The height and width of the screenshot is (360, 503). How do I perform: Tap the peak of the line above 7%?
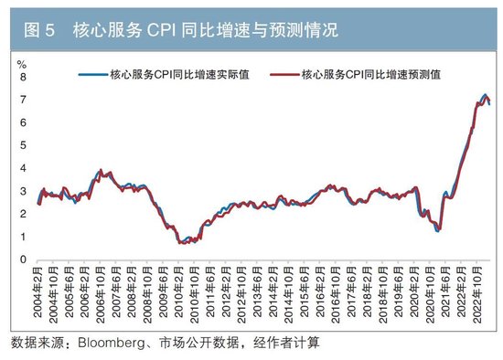[485, 95]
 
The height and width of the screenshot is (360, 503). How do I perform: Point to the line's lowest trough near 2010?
[181, 242]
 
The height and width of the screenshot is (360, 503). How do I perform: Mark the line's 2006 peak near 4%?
[100, 170]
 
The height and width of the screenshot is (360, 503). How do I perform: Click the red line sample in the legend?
[282, 76]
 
